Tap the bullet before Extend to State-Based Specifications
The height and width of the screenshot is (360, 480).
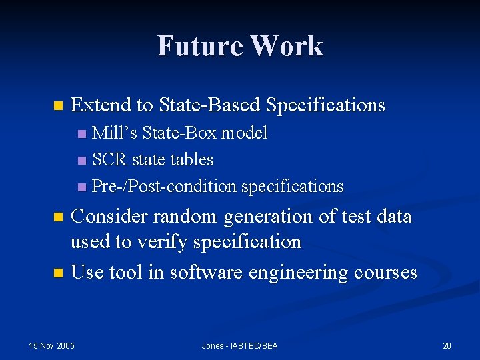(58, 106)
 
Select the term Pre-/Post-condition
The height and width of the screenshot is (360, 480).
(165, 186)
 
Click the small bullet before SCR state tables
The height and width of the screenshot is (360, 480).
(81, 161)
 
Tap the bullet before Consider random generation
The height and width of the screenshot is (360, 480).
(58, 217)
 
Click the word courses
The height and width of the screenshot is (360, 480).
(385, 272)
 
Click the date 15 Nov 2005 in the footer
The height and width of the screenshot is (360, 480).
(52, 345)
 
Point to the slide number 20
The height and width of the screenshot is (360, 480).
(447, 345)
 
